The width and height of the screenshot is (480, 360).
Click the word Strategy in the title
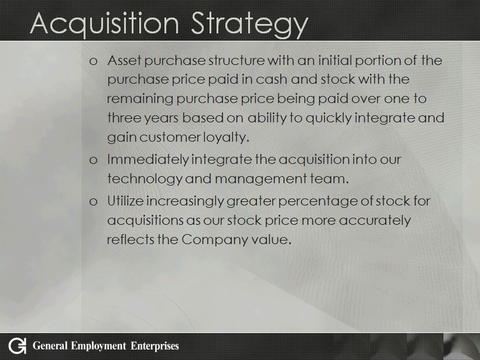coord(249,25)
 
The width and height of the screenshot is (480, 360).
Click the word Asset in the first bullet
coord(124,60)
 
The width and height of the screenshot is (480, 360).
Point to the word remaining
coord(140,99)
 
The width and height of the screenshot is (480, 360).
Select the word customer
coord(170,138)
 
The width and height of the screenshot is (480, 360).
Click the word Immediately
coord(148,160)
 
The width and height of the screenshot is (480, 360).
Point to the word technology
coord(145,179)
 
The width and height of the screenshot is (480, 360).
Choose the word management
coord(261,179)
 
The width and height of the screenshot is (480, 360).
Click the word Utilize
coord(125,201)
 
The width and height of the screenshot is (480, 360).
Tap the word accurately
coord(375,221)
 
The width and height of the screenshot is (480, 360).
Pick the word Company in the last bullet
coord(215,239)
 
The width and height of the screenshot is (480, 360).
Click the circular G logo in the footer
coord(17,346)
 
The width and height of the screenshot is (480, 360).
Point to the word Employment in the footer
coord(98,346)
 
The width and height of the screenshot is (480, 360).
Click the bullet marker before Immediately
coord(94,160)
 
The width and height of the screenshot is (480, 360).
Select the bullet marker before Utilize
coord(94,202)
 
